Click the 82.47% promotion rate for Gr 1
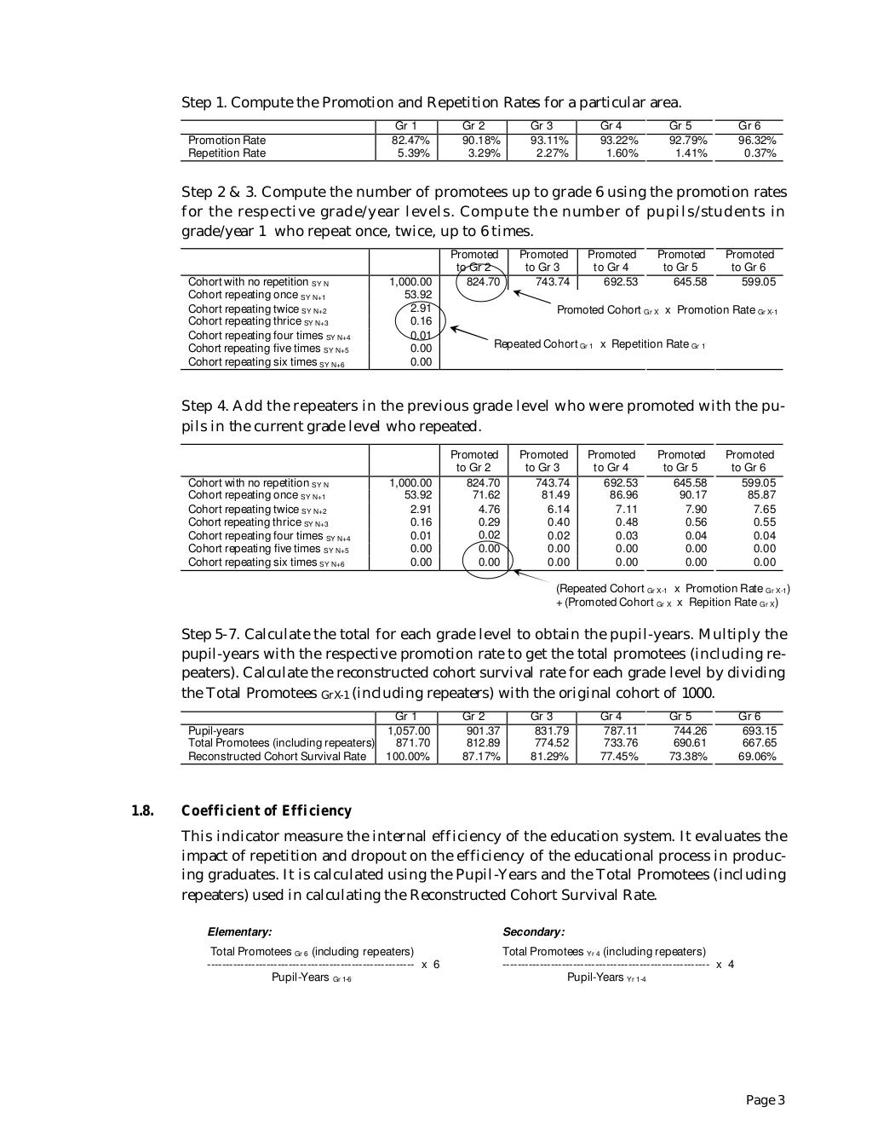pyautogui.click(x=410, y=140)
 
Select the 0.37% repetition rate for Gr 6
pyautogui.click(x=760, y=153)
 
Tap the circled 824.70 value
pyautogui.click(x=482, y=282)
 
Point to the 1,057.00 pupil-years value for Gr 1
pyautogui.click(x=410, y=731)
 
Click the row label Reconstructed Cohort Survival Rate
pyautogui.click(x=277, y=757)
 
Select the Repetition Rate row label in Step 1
pyautogui.click(x=227, y=153)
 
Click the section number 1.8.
pyautogui.click(x=142, y=810)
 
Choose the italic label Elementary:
pyautogui.click(x=239, y=932)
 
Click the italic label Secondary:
pyautogui.click(x=533, y=932)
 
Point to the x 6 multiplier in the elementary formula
pyautogui.click(x=431, y=964)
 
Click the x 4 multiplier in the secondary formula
pyautogui.click(x=726, y=964)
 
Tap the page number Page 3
pyautogui.click(x=765, y=1100)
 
